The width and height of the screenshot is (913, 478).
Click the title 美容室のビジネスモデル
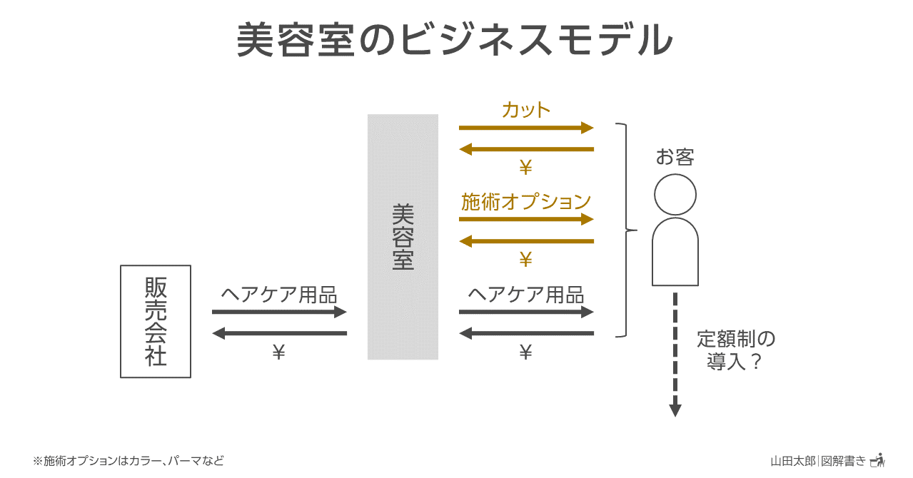click(x=455, y=39)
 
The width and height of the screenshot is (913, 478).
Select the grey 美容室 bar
click(x=403, y=237)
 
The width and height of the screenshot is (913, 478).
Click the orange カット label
click(x=526, y=110)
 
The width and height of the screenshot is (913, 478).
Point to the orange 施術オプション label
click(x=526, y=202)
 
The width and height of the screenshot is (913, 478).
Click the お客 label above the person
click(x=675, y=157)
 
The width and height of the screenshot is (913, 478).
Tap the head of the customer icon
click(x=675, y=194)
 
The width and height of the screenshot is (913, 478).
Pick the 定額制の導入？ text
click(x=735, y=350)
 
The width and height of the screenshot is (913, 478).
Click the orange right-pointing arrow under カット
click(x=526, y=128)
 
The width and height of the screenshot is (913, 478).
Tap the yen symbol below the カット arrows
click(x=526, y=167)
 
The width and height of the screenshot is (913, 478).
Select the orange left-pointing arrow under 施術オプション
click(x=526, y=241)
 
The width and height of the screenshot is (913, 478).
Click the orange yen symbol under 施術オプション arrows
click(x=526, y=259)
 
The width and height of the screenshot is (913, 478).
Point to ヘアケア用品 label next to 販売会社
click(x=279, y=295)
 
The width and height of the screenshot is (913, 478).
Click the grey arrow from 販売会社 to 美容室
click(x=279, y=312)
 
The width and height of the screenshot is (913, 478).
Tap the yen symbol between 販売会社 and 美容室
click(x=279, y=352)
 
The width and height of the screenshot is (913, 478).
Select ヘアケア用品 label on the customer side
click(x=526, y=295)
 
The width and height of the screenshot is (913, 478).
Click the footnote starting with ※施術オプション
click(x=128, y=461)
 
